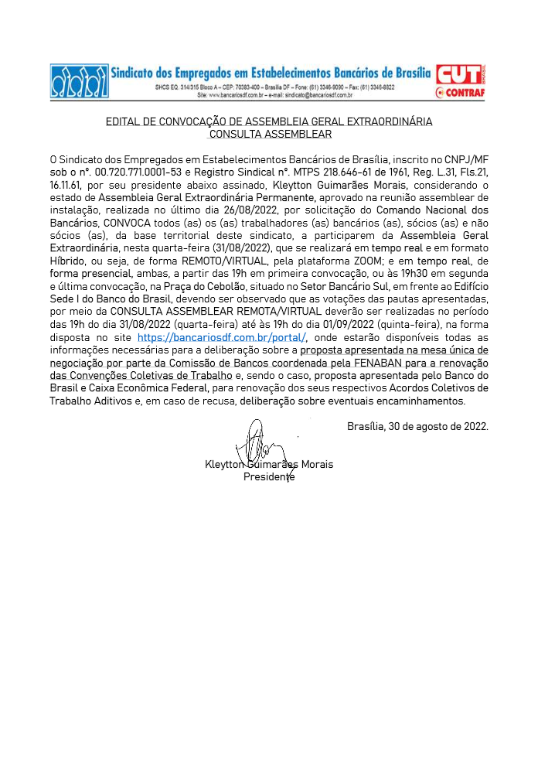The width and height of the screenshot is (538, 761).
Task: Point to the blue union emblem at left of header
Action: [x=79, y=81]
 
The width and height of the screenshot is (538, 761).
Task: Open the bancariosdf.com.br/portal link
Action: [x=222, y=338]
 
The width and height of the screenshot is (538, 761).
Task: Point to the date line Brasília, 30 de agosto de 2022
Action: [x=417, y=425]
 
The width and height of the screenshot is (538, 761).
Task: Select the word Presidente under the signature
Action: [x=269, y=476]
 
